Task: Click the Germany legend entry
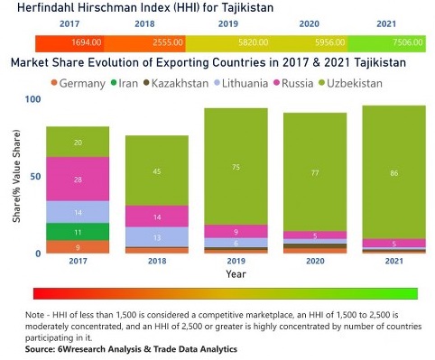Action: pyautogui.click(x=85, y=83)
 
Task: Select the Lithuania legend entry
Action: pyautogui.click(x=240, y=83)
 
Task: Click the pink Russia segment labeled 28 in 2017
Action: pyautogui.click(x=78, y=180)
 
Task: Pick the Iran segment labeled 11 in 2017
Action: pyautogui.click(x=78, y=232)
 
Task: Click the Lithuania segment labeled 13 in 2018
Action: pyautogui.click(x=156, y=237)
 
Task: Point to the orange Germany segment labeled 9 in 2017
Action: pyautogui.click(x=78, y=247)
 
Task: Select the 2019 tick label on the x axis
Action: pyautogui.click(x=235, y=262)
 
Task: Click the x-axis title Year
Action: pyautogui.click(x=235, y=273)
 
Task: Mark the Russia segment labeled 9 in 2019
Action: pyautogui.click(x=235, y=231)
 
